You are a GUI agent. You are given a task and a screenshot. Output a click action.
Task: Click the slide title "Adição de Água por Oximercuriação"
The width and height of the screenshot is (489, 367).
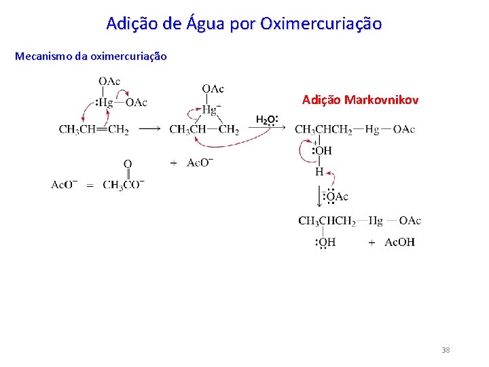point(244,24)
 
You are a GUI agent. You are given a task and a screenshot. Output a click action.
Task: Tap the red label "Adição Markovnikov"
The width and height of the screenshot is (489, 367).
point(360,100)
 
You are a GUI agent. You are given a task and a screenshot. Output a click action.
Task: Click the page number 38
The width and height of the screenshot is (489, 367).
point(446,350)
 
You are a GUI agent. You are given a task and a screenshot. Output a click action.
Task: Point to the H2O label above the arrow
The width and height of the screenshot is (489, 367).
point(266,120)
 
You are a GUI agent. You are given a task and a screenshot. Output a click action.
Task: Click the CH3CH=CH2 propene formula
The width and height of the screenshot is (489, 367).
point(94,130)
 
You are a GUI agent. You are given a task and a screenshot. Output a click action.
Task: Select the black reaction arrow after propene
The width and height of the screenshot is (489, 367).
point(149,129)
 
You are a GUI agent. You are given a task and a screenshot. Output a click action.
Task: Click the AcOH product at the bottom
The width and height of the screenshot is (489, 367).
point(399,243)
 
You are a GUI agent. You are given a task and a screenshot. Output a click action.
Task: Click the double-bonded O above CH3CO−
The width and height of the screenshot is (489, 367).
point(127,164)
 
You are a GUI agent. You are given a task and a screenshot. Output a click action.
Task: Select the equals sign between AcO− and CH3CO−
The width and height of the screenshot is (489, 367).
point(90,185)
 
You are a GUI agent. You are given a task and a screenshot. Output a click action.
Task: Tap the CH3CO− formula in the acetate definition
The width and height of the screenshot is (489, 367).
point(124,185)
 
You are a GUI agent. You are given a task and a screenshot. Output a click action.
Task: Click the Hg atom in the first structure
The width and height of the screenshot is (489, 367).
point(105,103)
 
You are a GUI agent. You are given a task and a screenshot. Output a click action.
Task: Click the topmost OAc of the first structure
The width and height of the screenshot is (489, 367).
point(109,82)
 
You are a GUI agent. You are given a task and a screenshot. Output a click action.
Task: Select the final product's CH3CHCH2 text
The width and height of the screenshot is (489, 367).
point(327,221)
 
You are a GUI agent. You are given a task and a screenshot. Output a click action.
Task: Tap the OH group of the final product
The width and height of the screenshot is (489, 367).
point(327,243)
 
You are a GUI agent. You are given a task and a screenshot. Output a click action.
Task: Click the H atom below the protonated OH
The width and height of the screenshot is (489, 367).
point(319,173)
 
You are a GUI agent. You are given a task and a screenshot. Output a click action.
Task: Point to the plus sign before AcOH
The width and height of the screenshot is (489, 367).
point(372,243)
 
